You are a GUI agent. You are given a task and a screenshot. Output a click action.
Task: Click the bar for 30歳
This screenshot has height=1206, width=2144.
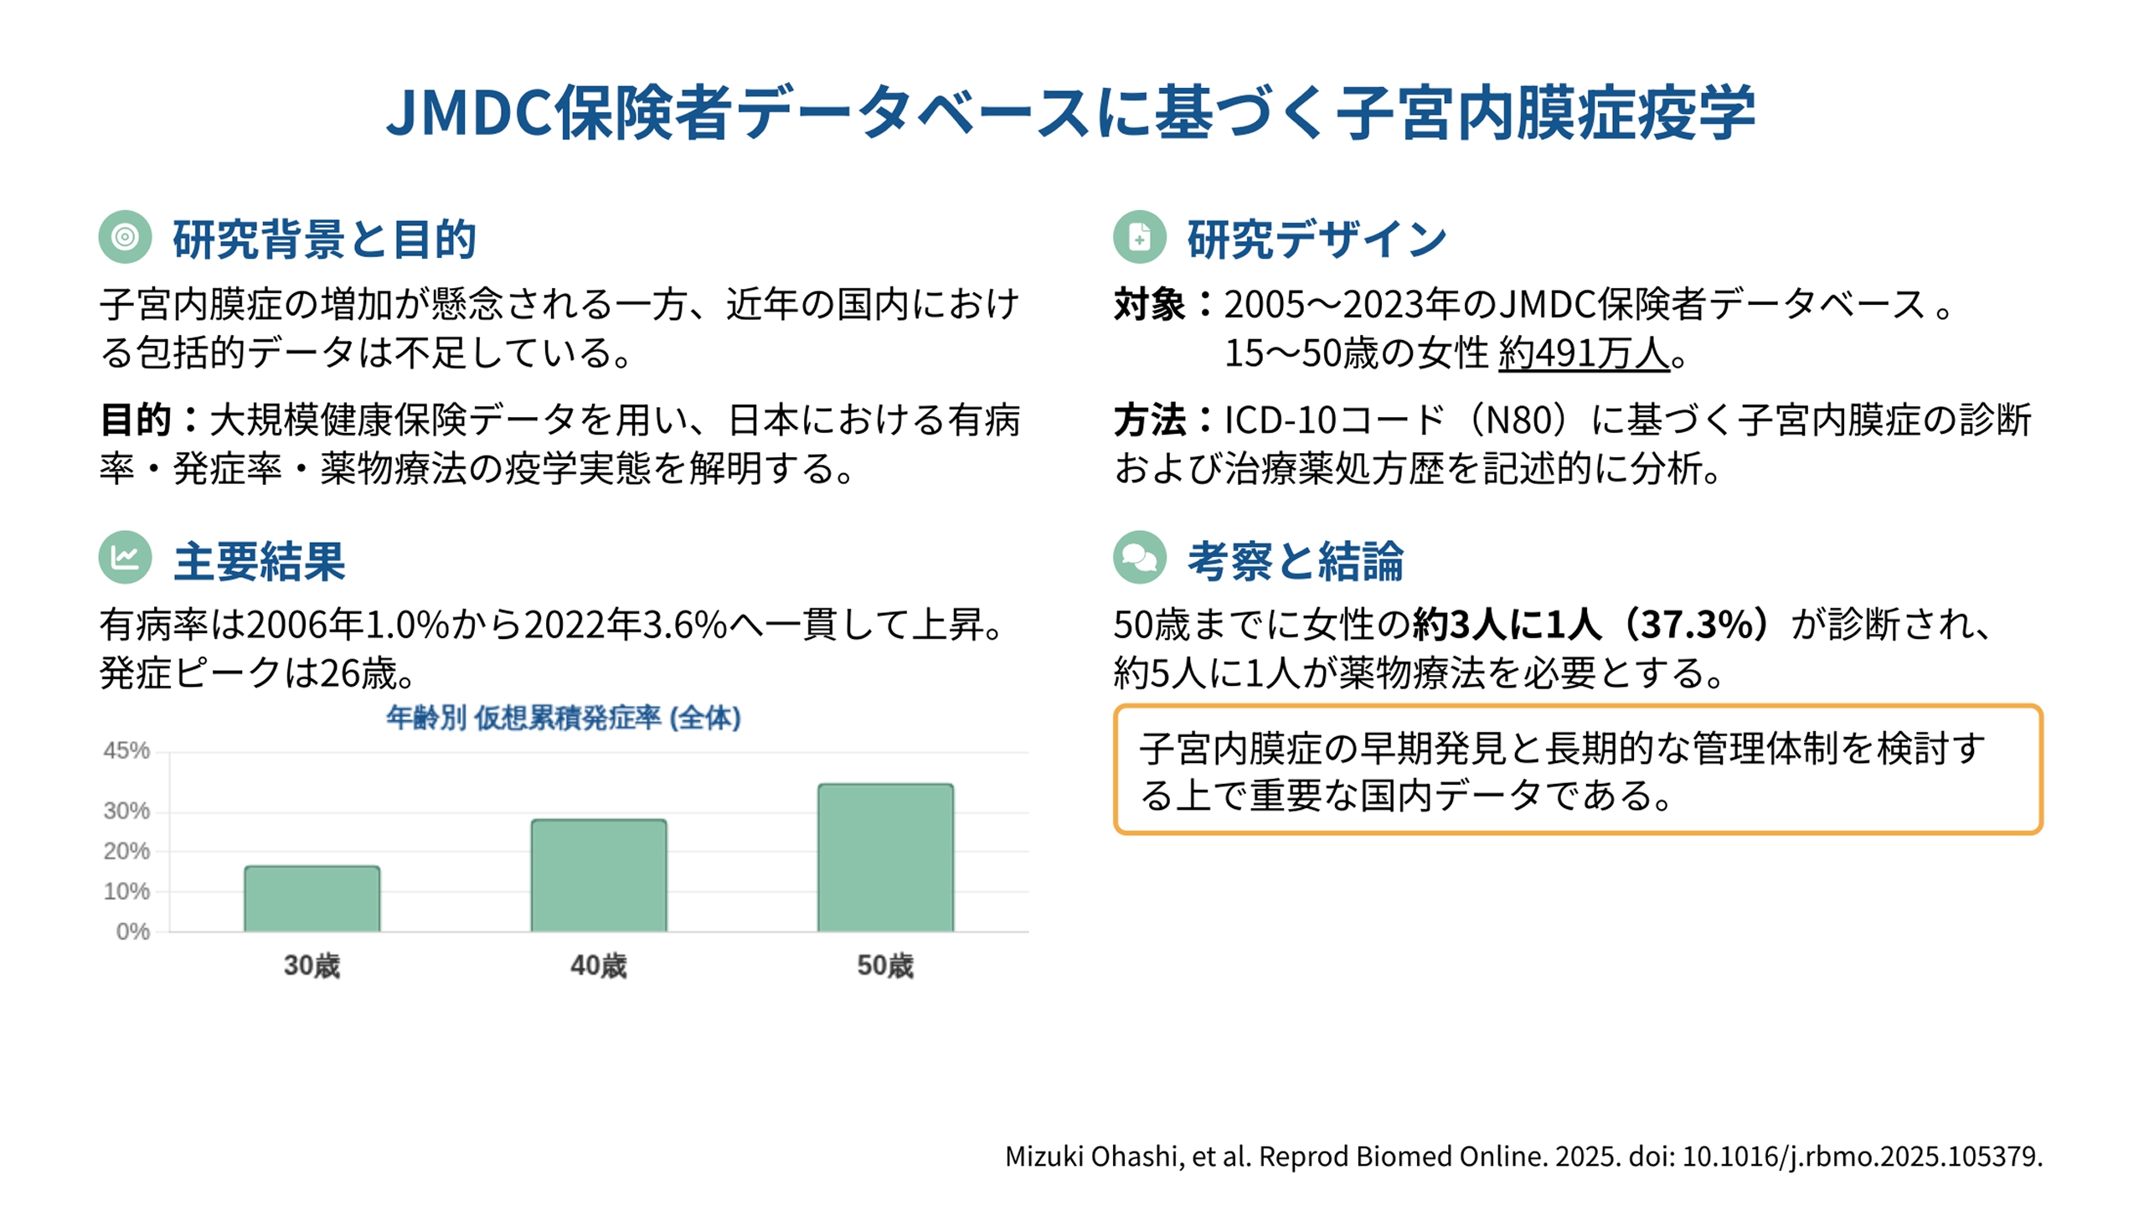312,899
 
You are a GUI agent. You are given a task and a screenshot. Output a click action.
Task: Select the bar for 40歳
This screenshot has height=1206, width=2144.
599,875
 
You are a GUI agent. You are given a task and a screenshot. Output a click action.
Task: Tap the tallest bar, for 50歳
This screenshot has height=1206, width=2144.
885,858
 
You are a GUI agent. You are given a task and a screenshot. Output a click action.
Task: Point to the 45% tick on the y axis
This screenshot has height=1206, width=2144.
126,750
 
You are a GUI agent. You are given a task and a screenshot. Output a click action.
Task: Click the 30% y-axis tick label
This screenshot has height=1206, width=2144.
126,811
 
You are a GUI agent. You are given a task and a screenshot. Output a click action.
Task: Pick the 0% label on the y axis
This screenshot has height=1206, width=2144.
133,931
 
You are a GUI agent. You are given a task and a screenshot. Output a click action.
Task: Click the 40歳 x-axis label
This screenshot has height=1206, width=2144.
599,966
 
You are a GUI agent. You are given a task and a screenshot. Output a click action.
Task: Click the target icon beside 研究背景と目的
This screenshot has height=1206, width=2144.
125,237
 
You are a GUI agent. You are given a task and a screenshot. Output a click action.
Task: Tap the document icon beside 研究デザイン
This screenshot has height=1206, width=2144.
1139,237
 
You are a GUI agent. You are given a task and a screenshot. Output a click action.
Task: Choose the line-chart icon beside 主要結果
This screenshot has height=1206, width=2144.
125,558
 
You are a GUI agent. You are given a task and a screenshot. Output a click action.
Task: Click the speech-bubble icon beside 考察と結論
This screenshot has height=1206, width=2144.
1139,558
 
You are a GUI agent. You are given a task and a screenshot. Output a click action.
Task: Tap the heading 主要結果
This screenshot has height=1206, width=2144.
259,560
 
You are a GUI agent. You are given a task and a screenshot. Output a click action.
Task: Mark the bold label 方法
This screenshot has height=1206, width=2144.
1149,420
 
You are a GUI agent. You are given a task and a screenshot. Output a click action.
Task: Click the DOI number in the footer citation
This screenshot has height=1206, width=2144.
1861,1157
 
